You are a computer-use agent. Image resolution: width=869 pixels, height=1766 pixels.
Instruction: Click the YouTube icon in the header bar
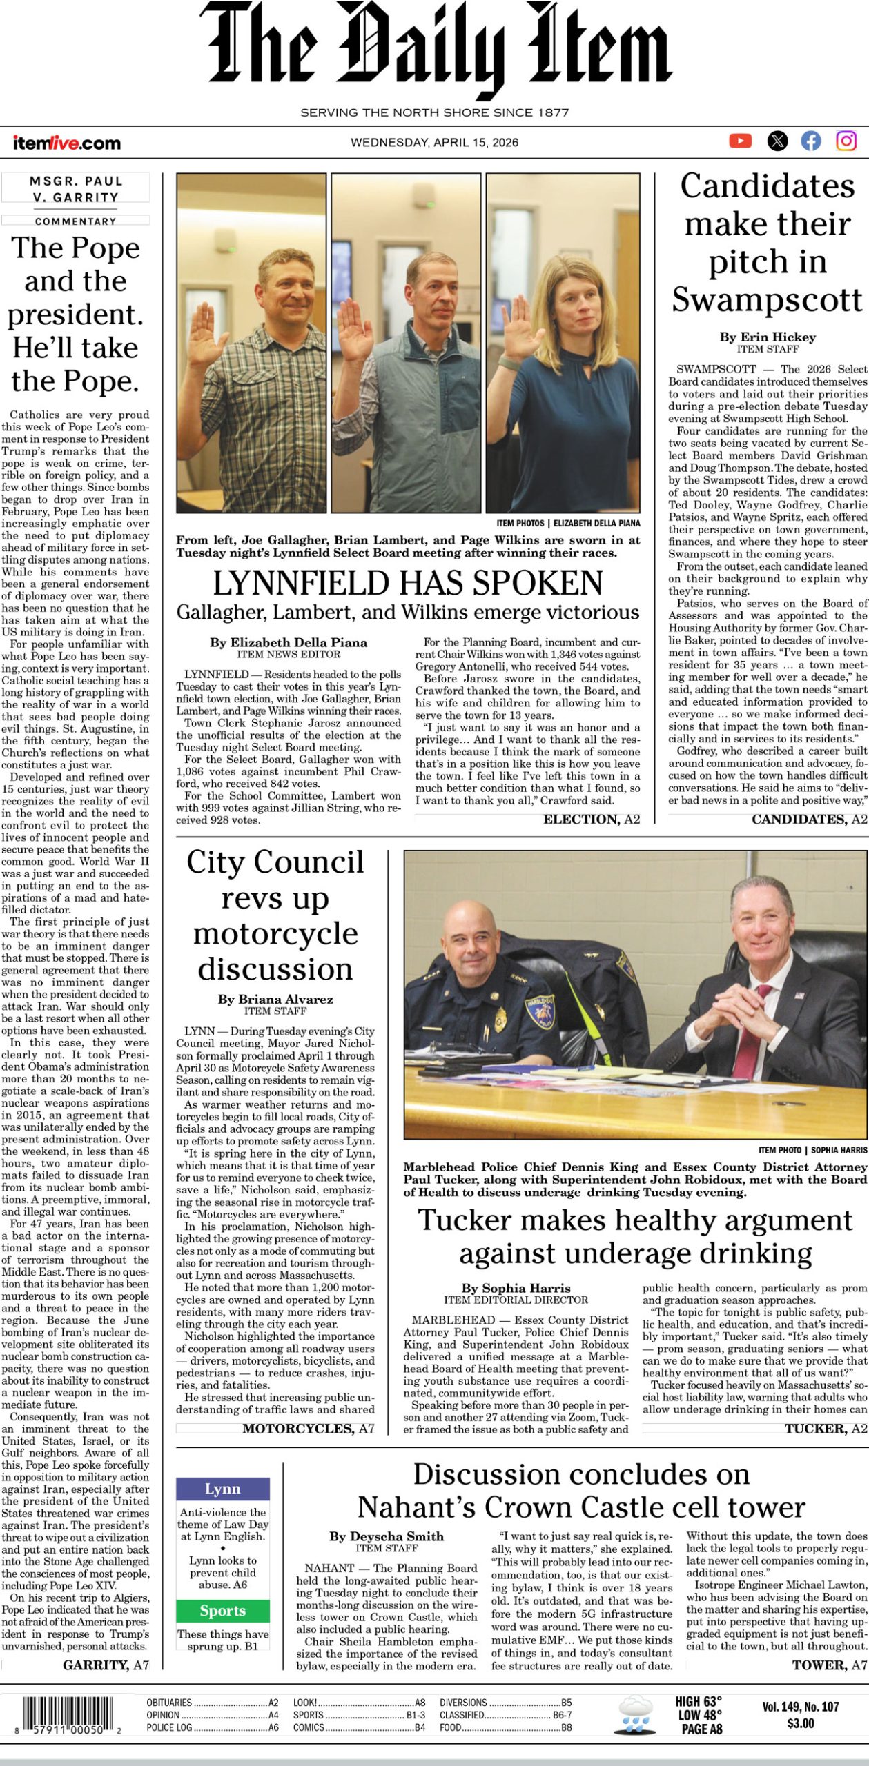[740, 141]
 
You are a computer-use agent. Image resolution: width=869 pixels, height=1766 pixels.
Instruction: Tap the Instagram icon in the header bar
[846, 141]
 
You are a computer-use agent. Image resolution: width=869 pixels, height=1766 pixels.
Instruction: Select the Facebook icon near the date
[811, 141]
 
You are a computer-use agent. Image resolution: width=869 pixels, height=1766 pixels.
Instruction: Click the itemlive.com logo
[66, 143]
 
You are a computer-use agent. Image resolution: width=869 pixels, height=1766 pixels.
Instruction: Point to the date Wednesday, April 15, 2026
[434, 143]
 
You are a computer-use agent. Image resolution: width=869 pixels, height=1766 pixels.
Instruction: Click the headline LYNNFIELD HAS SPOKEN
[407, 583]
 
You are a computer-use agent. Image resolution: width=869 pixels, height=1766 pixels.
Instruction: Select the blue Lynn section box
[222, 1489]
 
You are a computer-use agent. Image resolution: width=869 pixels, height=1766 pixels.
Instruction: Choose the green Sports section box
[222, 1611]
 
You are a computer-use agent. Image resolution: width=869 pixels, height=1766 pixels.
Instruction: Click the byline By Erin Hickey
[768, 337]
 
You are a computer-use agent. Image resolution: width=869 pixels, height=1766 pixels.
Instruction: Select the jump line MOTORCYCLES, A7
[308, 1429]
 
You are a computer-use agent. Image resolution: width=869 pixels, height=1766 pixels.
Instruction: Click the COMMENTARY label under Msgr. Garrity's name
[75, 221]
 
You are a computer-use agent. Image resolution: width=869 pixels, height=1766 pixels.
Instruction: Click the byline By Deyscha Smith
[387, 1536]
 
